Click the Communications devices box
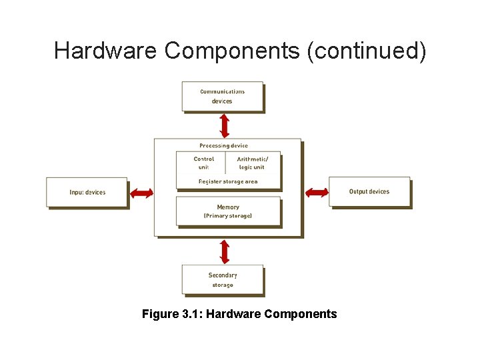[223, 97]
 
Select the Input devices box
[87, 192]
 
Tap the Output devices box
[369, 192]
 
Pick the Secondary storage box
[223, 280]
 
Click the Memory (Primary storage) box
[228, 211]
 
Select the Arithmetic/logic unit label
[252, 163]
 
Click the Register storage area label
[228, 181]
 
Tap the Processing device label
[223, 145]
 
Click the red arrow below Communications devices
[225, 125]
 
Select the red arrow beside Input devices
[141, 193]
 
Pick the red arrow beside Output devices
[317, 193]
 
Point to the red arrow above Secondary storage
[225, 251]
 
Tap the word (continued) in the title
[366, 51]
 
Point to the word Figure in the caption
[160, 313]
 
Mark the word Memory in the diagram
[228, 207]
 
